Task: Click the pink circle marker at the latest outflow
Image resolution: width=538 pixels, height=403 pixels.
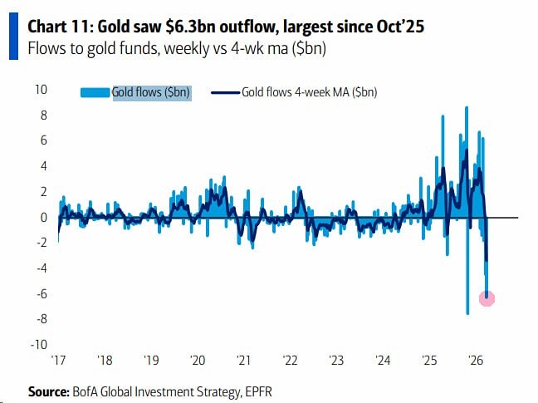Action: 487,298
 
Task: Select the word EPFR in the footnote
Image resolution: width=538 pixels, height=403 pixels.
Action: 265,390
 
